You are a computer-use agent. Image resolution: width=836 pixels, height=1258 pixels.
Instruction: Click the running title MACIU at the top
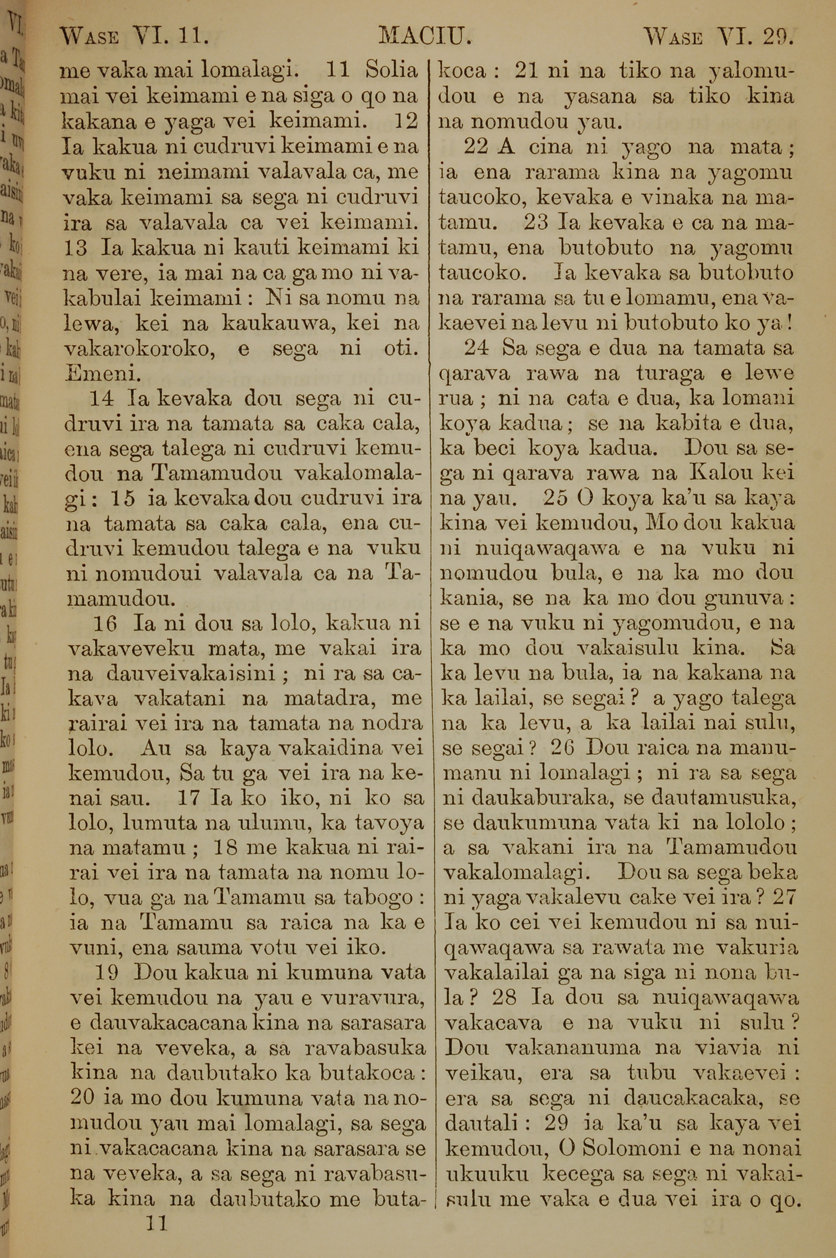click(425, 37)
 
